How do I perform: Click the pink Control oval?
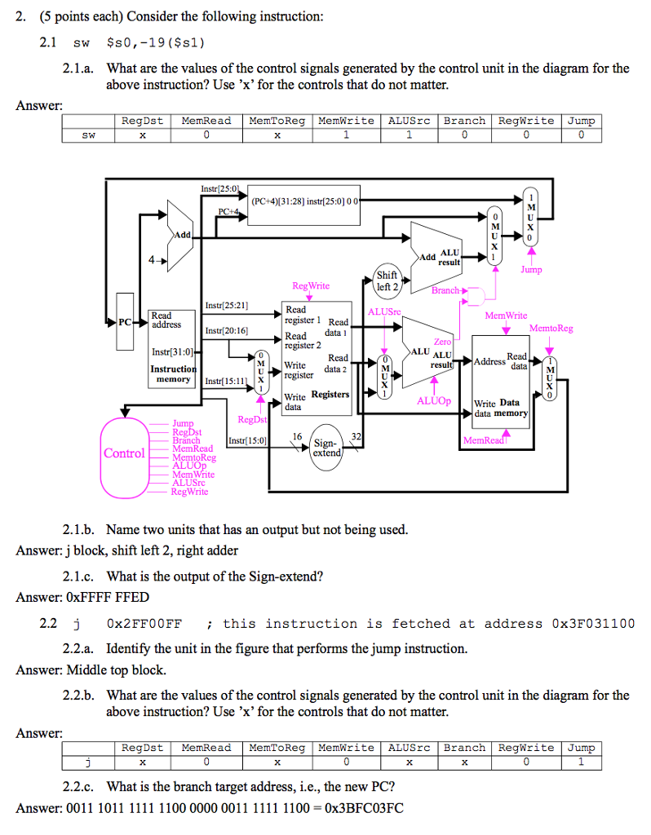click(125, 453)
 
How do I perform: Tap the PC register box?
click(125, 321)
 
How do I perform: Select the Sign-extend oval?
click(326, 448)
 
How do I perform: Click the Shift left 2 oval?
click(387, 281)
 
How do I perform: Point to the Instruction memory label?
click(173, 374)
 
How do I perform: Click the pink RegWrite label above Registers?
click(311, 286)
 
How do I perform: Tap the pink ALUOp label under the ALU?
click(433, 401)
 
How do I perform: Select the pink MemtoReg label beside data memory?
click(551, 329)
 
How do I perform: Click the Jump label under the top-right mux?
click(531, 270)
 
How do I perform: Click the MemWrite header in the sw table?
click(346, 121)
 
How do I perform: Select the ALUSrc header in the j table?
click(410, 748)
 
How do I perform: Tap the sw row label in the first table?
click(88, 136)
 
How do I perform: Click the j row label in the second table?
click(88, 763)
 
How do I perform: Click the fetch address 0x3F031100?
click(594, 624)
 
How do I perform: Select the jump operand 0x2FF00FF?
click(144, 624)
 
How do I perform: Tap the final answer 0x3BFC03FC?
click(363, 809)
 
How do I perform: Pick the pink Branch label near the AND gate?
click(446, 290)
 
